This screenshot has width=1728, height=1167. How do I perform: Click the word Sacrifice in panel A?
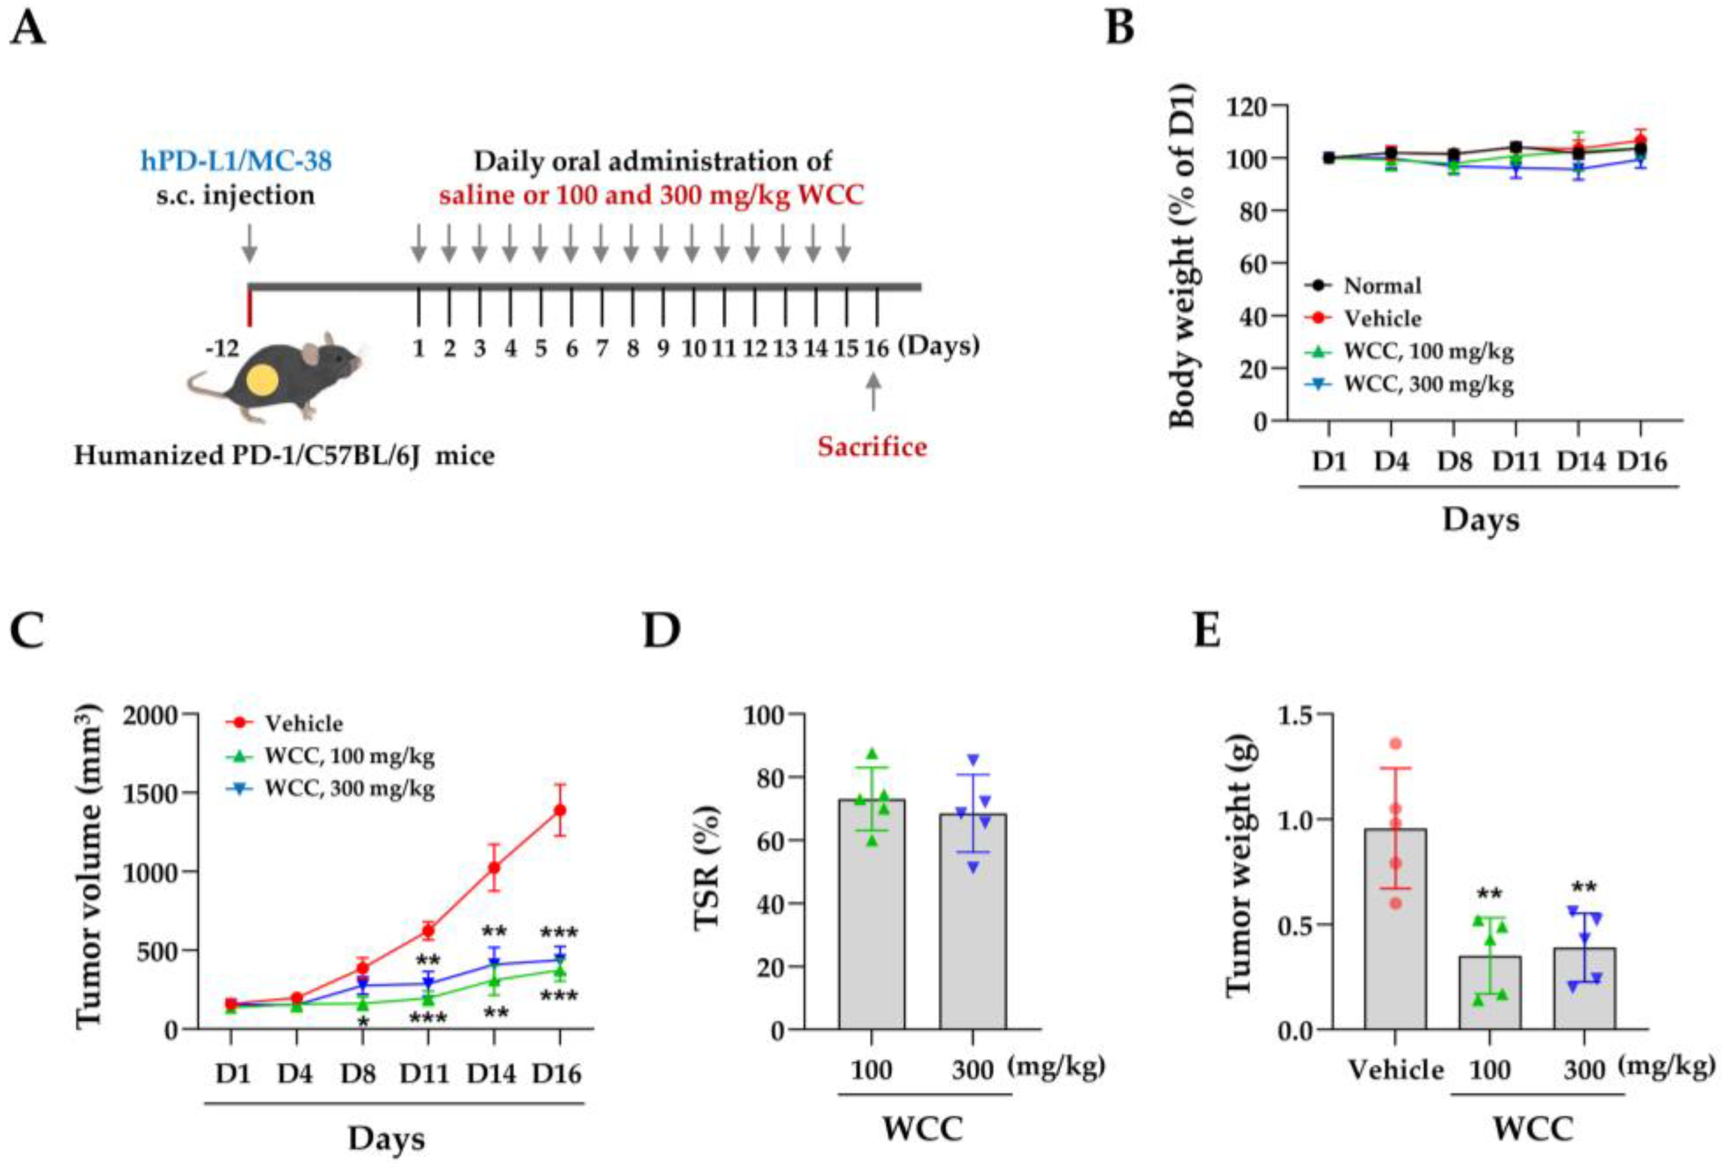tap(872, 447)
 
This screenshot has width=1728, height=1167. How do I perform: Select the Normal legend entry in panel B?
tap(1381, 286)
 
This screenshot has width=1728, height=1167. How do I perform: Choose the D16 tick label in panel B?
tap(1642, 462)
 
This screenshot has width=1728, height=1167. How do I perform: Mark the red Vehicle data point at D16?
tap(560, 810)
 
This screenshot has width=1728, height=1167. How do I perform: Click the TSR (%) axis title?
tap(708, 867)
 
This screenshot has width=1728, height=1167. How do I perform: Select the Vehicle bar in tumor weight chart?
tap(1395, 929)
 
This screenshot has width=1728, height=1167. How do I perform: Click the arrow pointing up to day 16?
tap(873, 390)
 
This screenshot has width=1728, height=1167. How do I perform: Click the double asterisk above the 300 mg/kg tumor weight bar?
tap(1584, 887)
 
